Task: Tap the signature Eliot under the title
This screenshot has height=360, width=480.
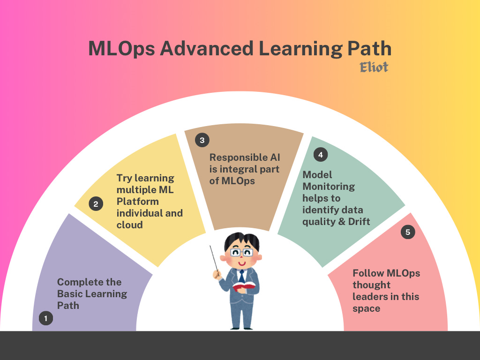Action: pos(374,67)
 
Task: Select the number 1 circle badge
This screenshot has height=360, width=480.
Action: pos(45,319)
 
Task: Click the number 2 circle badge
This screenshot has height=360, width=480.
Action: pos(96,204)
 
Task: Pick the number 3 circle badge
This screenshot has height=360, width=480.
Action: pos(202,140)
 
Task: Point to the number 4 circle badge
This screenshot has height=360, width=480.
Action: pos(321,154)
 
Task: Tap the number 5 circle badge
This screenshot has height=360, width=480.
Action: pos(408,232)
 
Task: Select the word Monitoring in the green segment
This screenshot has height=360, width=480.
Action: pos(328,186)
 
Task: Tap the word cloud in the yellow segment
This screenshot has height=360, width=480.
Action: pos(129,225)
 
